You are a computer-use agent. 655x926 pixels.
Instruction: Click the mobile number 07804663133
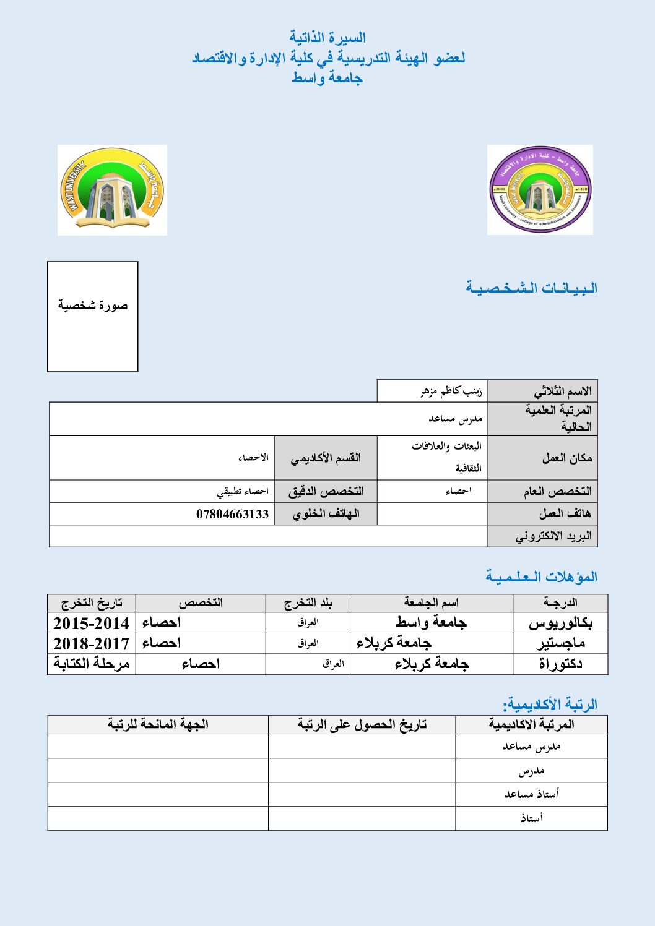click(233, 514)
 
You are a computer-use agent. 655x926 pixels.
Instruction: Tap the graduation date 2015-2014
click(91, 623)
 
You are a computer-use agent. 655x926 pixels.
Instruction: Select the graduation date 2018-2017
click(91, 643)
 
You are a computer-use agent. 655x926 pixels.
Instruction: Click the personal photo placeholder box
click(93, 317)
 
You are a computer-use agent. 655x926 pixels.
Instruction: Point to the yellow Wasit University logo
click(112, 190)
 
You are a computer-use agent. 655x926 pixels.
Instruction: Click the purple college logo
click(540, 190)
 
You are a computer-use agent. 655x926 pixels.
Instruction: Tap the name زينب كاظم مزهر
click(451, 391)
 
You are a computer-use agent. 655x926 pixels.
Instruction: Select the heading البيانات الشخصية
click(531, 288)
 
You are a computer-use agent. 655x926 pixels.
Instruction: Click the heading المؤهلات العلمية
click(541, 577)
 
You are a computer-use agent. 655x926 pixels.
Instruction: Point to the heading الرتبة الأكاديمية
click(550, 704)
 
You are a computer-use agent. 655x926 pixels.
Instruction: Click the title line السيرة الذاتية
click(327, 38)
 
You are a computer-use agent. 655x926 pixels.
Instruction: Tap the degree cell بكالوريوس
click(560, 623)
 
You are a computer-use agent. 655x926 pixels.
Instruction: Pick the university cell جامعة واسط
click(431, 623)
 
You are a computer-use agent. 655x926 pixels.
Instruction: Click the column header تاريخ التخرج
click(92, 603)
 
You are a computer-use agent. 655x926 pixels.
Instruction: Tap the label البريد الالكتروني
click(553, 536)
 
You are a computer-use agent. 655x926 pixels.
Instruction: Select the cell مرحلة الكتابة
click(92, 664)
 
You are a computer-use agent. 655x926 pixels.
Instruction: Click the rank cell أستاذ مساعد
click(531, 794)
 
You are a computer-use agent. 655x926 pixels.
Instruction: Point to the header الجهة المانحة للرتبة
click(158, 724)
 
